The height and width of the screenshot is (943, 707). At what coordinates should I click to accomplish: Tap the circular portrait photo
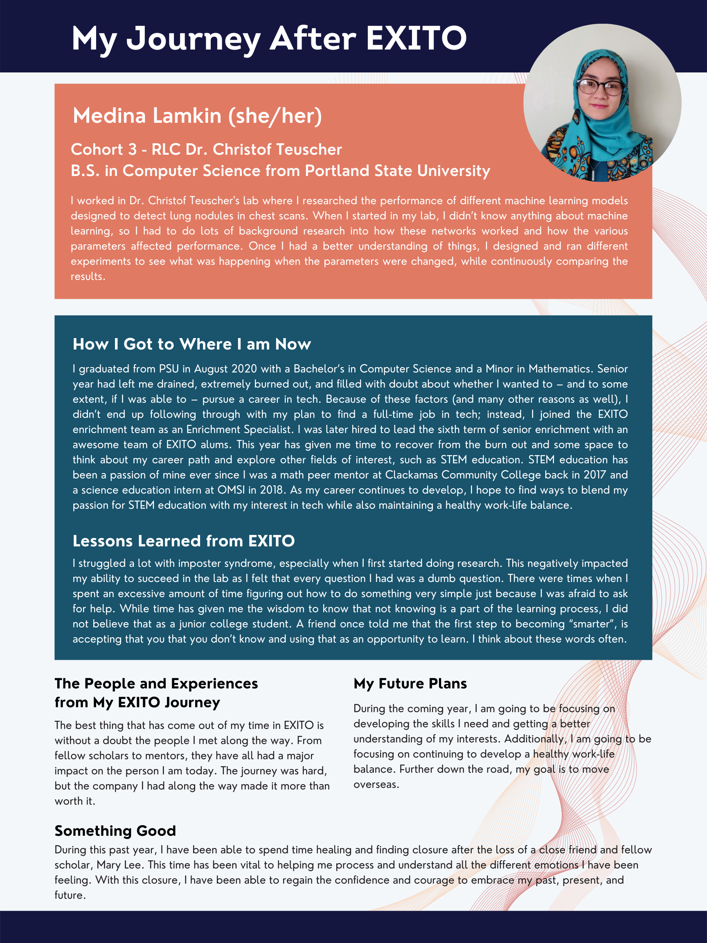coord(602,103)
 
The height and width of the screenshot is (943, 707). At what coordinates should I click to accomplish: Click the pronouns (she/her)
coord(275,115)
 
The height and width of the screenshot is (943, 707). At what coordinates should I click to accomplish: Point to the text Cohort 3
coord(104,150)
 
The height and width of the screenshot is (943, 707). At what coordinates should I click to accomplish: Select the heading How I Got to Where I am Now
coord(192,344)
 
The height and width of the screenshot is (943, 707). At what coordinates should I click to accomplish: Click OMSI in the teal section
coord(231,490)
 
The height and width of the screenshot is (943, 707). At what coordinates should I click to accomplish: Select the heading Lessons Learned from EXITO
coord(184,541)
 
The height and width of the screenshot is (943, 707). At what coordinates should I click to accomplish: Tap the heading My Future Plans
coord(410,684)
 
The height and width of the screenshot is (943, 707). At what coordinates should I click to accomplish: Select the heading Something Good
coord(115,830)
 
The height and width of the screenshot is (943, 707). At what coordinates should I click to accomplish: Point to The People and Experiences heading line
coord(156,684)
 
